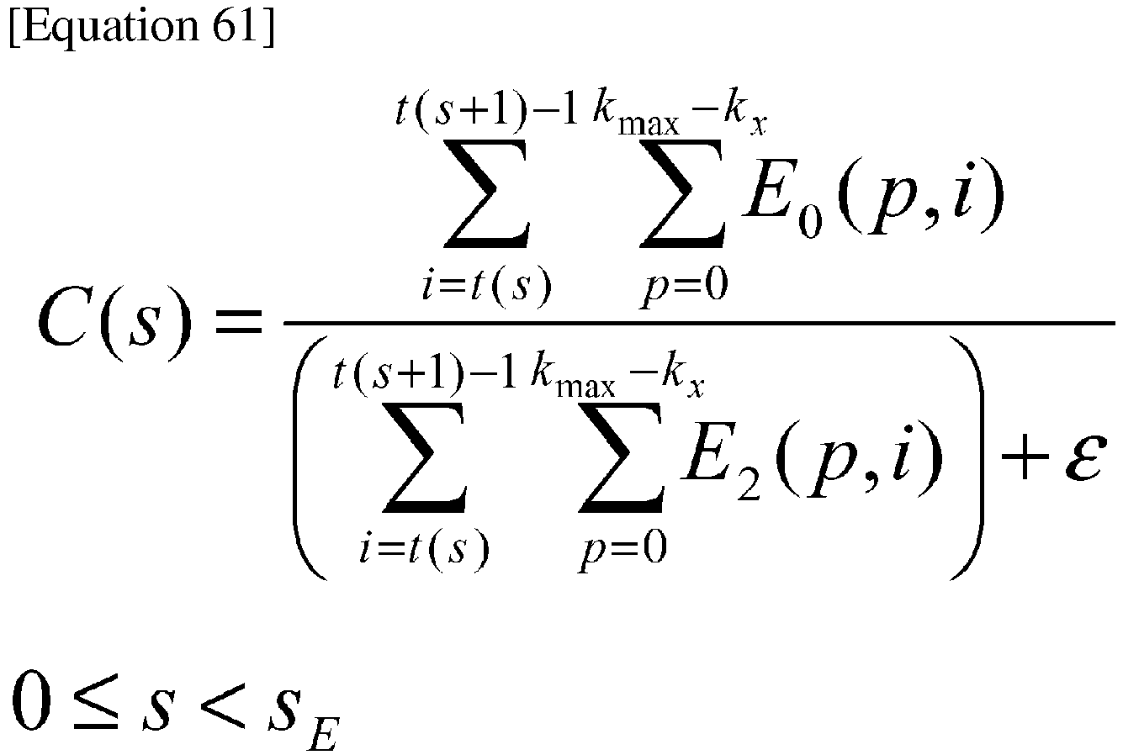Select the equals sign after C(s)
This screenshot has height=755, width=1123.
click(239, 322)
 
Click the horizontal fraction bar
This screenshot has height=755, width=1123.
click(699, 323)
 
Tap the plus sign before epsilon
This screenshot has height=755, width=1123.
click(1025, 457)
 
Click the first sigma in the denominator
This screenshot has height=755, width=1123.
click(425, 458)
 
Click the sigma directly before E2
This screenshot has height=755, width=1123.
click(621, 458)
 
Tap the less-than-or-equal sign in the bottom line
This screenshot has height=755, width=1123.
click(95, 700)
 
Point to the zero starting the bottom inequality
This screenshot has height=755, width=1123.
click(31, 700)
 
